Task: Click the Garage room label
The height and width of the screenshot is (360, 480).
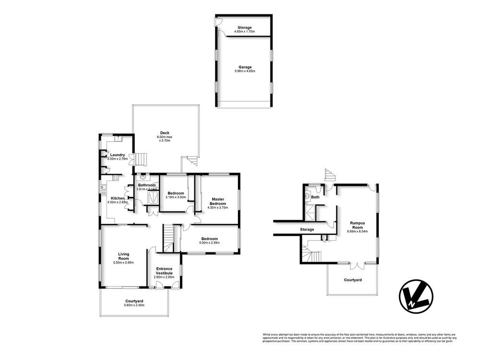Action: [x=245, y=67]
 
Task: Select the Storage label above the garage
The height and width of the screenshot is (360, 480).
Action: [x=245, y=27]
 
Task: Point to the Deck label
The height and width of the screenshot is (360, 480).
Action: [x=165, y=133]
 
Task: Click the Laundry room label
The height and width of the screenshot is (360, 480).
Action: [x=118, y=155]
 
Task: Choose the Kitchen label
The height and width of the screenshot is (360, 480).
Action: [x=118, y=198]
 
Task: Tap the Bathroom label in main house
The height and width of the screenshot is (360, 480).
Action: [x=147, y=185]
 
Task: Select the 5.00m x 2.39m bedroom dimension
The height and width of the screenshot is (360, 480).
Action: [x=210, y=243]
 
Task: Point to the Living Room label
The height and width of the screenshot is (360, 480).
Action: [x=123, y=256]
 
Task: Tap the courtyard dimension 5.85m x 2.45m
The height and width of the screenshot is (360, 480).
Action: [x=134, y=305]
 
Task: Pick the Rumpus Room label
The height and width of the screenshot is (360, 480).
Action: [x=357, y=225]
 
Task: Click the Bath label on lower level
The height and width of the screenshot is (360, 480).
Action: [x=315, y=197]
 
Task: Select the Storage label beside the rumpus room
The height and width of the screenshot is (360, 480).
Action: [x=307, y=229]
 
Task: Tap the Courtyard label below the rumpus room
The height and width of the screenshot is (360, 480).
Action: [x=353, y=279]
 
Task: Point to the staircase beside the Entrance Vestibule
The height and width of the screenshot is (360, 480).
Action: [x=168, y=238]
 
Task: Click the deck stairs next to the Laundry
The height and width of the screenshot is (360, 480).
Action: [x=140, y=158]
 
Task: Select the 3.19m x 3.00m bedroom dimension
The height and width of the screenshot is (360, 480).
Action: [x=175, y=197]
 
